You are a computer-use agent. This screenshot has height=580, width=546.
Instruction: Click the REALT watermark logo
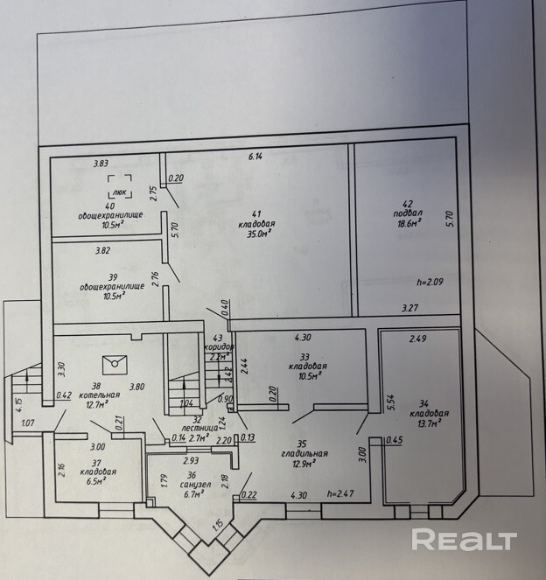(464, 540)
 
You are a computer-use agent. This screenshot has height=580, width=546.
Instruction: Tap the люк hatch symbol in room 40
(120, 186)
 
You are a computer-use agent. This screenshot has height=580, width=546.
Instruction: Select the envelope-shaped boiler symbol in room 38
(115, 364)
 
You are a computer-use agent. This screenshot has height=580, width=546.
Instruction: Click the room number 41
(256, 213)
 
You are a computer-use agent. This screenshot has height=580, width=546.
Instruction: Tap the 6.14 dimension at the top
(255, 157)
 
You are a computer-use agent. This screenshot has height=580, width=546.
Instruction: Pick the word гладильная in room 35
(304, 453)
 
